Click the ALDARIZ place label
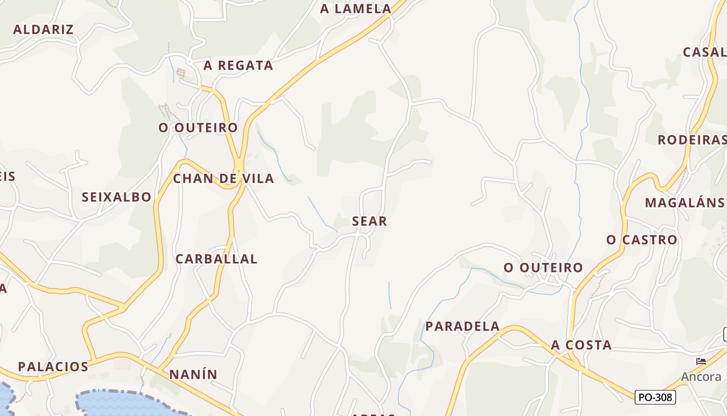click(x=43, y=29)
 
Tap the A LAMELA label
click(x=356, y=8)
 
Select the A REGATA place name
click(x=238, y=65)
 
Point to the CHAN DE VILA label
click(x=223, y=178)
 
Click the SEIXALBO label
click(x=116, y=197)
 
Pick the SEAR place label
click(x=370, y=221)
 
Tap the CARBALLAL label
click(x=217, y=259)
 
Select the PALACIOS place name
click(x=53, y=367)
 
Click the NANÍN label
click(x=193, y=374)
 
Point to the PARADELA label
click(x=463, y=327)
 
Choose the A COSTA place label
click(x=581, y=345)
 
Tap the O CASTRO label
click(x=642, y=240)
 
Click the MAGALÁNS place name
click(x=684, y=203)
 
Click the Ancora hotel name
click(x=701, y=377)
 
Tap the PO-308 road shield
click(x=655, y=398)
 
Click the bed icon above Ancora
click(x=701, y=361)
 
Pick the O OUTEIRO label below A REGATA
click(x=198, y=127)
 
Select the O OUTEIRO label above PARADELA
click(x=543, y=267)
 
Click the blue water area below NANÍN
click(x=125, y=405)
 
